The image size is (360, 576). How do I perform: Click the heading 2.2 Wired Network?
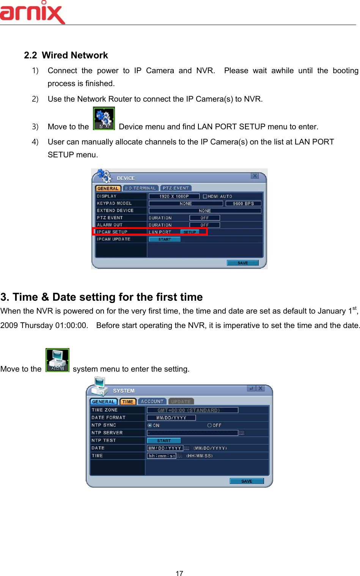click(x=66, y=55)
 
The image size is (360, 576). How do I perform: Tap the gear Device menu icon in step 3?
click(x=104, y=119)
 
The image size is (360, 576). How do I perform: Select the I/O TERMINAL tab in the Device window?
click(x=140, y=188)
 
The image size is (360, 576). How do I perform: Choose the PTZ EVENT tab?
click(x=176, y=188)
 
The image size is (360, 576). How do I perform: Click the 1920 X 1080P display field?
click(x=174, y=196)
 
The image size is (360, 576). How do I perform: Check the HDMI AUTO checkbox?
click(x=205, y=196)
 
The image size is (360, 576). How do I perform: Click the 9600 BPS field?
click(x=243, y=204)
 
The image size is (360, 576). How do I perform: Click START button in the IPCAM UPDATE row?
click(x=165, y=239)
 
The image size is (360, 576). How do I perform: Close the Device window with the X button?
click(x=255, y=176)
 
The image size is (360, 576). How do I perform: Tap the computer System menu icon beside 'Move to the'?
click(x=57, y=360)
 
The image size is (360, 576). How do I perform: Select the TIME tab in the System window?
click(x=128, y=402)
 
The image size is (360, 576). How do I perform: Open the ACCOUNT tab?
click(x=152, y=402)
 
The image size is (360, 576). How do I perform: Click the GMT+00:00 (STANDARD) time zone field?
click(x=192, y=410)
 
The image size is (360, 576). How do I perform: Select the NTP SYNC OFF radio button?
click(x=209, y=425)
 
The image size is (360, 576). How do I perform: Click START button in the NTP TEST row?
click(x=164, y=441)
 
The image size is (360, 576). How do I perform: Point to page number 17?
click(x=179, y=573)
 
